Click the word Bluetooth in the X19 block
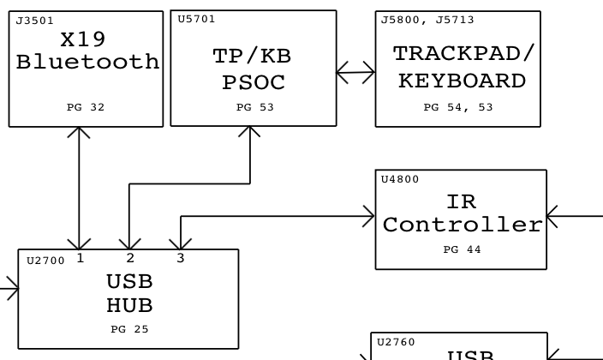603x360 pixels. (87, 63)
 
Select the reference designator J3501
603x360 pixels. (33, 21)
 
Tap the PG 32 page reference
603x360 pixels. (86, 108)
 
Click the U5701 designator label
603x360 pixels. (196, 19)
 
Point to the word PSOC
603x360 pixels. (253, 83)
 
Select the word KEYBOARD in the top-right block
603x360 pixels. (462, 81)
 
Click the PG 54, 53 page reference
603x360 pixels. (458, 108)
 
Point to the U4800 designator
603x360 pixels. (400, 180)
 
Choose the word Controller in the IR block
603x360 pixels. (463, 225)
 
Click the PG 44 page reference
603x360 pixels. (463, 250)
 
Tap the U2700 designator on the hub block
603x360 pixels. (45, 261)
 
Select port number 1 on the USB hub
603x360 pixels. (80, 258)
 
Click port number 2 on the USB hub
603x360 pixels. (129, 258)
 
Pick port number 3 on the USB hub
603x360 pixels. (181, 258)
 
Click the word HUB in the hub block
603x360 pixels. (129, 304)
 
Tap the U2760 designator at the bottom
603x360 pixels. (396, 342)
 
